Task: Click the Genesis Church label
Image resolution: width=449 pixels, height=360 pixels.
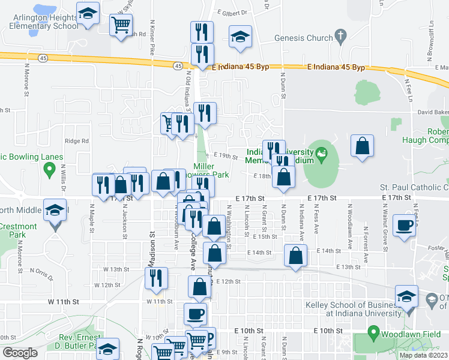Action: (303, 38)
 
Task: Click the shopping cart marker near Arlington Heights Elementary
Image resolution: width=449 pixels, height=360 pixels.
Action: (121, 25)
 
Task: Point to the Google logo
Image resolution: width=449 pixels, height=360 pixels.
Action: (20, 353)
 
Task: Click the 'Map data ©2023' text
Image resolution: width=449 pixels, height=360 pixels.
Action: (423, 355)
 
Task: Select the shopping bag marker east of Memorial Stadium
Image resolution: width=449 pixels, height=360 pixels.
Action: (363, 146)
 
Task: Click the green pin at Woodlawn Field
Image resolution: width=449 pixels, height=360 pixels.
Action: (372, 332)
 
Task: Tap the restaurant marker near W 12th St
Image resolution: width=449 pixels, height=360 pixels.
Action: (156, 278)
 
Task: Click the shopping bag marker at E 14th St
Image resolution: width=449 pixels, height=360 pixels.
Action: (295, 256)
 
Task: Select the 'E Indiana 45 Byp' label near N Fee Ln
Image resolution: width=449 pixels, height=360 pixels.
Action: (336, 68)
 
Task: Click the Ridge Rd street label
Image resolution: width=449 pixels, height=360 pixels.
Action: (77, 142)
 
